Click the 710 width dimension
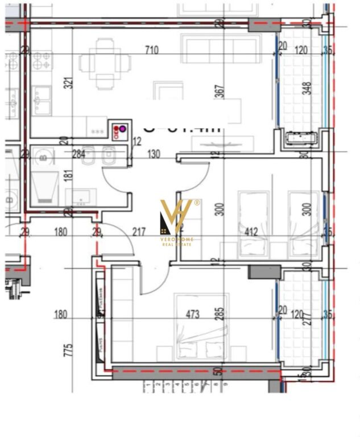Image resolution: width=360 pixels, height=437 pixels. tap(151, 50)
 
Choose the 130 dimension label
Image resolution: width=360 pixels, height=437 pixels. tap(153, 154)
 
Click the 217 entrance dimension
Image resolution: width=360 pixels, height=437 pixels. tap(138, 232)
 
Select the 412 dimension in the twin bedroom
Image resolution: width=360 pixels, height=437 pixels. tap(251, 232)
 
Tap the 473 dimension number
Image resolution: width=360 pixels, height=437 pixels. tap(192, 314)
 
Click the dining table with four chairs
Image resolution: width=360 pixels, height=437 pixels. tap(105, 63)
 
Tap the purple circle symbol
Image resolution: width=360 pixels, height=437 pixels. tap(122, 129)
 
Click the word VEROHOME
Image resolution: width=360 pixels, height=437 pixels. tap(177, 240)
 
